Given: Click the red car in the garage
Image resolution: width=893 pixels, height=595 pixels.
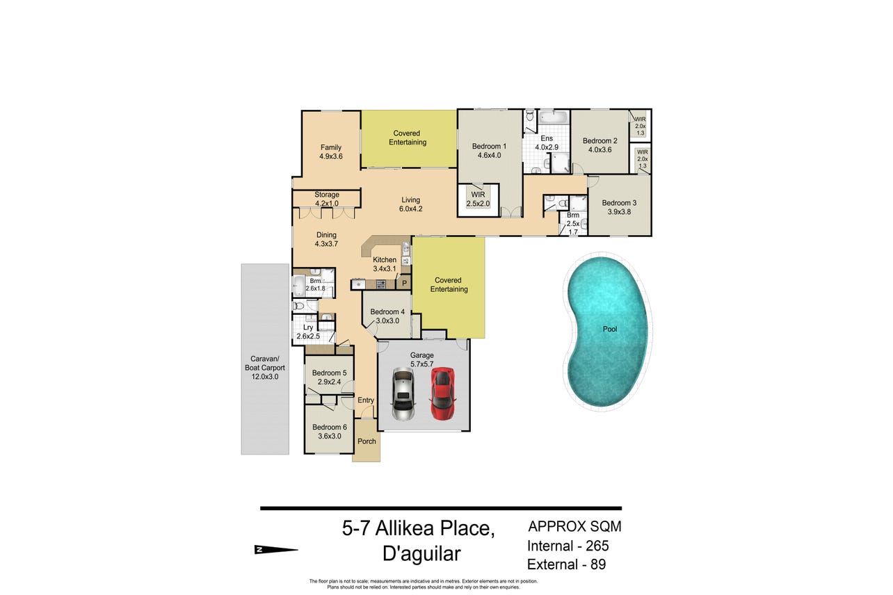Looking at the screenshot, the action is pyautogui.click(x=442, y=393).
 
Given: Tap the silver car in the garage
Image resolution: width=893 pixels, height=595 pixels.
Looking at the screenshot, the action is pyautogui.click(x=403, y=393).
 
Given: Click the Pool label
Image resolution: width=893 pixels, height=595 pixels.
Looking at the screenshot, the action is pyautogui.click(x=610, y=329).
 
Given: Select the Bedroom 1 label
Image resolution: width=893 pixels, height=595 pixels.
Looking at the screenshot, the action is pyautogui.click(x=489, y=146).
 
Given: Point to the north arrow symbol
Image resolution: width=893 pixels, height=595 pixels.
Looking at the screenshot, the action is pyautogui.click(x=276, y=550).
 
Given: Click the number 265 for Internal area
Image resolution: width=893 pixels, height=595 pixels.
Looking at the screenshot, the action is pyautogui.click(x=597, y=546).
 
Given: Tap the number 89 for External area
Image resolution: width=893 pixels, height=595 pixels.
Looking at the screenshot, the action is pyautogui.click(x=598, y=564).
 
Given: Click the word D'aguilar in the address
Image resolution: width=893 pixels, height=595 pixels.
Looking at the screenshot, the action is pyautogui.click(x=421, y=553).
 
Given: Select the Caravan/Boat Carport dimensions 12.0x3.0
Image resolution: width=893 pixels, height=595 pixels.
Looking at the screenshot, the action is pyautogui.click(x=265, y=377).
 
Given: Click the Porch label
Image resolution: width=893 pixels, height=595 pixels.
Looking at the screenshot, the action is pyautogui.click(x=367, y=441).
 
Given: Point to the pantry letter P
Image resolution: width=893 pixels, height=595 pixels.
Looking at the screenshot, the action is pyautogui.click(x=404, y=284).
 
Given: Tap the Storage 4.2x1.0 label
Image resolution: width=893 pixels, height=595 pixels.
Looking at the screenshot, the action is pyautogui.click(x=327, y=199).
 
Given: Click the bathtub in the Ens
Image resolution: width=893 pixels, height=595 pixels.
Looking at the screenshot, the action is pyautogui.click(x=553, y=117).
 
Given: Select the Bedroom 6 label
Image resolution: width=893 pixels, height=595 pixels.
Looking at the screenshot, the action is pyautogui.click(x=329, y=427).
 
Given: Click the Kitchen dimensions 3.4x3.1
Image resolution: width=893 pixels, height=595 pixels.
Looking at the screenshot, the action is pyautogui.click(x=385, y=268).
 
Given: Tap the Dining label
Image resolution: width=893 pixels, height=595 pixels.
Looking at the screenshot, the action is pyautogui.click(x=326, y=235).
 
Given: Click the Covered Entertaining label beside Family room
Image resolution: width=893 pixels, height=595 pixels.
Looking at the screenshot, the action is pyautogui.click(x=408, y=138).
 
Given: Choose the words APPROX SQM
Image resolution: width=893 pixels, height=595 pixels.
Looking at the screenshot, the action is pyautogui.click(x=575, y=526).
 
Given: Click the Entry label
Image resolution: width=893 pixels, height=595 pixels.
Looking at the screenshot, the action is pyautogui.click(x=366, y=400).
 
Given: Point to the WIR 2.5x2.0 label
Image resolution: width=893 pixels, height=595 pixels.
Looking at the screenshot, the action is pyautogui.click(x=478, y=199).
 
